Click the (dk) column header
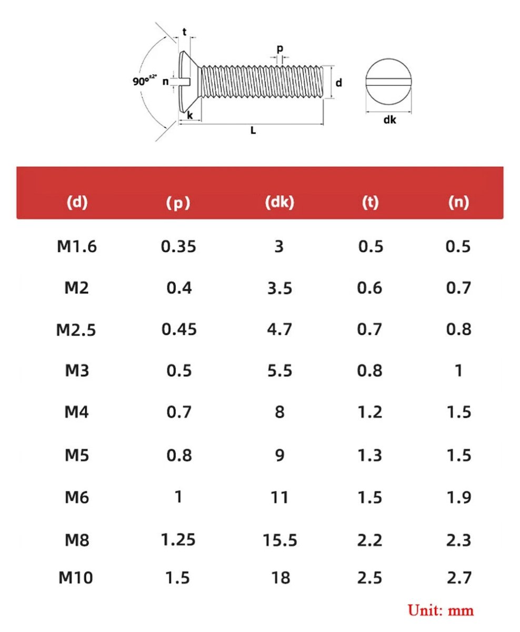tap(279, 203)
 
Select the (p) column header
tap(178, 203)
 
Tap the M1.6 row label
tap(77, 246)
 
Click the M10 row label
tap(75, 577)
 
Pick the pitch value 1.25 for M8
tap(178, 539)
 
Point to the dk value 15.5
tap(280, 540)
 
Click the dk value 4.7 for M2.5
tap(279, 329)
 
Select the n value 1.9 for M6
tap(459, 498)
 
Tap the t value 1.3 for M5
tap(369, 455)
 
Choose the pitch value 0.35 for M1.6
tap(178, 246)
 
